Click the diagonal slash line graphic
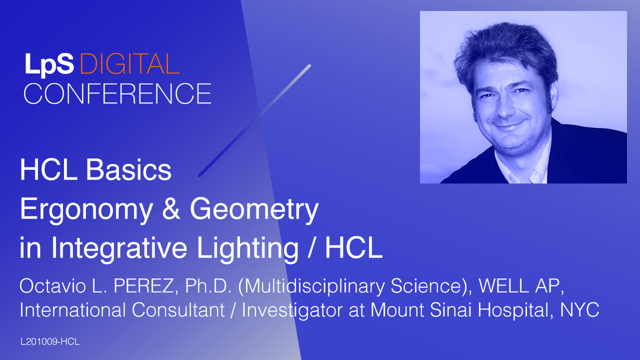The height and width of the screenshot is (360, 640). coord(254,121)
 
